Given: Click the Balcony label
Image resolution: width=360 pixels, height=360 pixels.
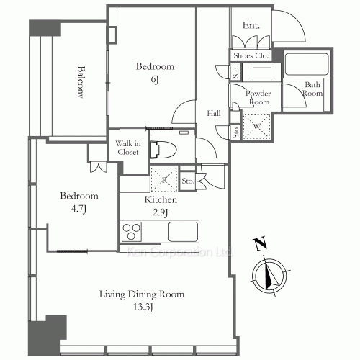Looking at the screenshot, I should [81, 84].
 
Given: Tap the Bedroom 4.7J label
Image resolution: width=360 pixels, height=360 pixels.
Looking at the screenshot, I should [75, 202].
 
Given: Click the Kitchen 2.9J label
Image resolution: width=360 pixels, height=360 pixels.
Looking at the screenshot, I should [156, 205].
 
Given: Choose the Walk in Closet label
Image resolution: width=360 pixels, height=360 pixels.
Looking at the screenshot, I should [128, 148].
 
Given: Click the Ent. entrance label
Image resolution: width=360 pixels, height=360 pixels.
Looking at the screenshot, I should [251, 26].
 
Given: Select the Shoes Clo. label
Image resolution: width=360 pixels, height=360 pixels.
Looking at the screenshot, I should [250, 55].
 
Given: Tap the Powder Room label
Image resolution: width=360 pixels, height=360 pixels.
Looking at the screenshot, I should [257, 97].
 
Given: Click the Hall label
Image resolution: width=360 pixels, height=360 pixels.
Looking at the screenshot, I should [214, 113].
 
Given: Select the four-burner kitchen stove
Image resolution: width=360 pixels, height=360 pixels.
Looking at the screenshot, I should [133, 233].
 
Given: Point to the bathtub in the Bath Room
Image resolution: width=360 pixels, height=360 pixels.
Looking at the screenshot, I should [307, 64].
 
